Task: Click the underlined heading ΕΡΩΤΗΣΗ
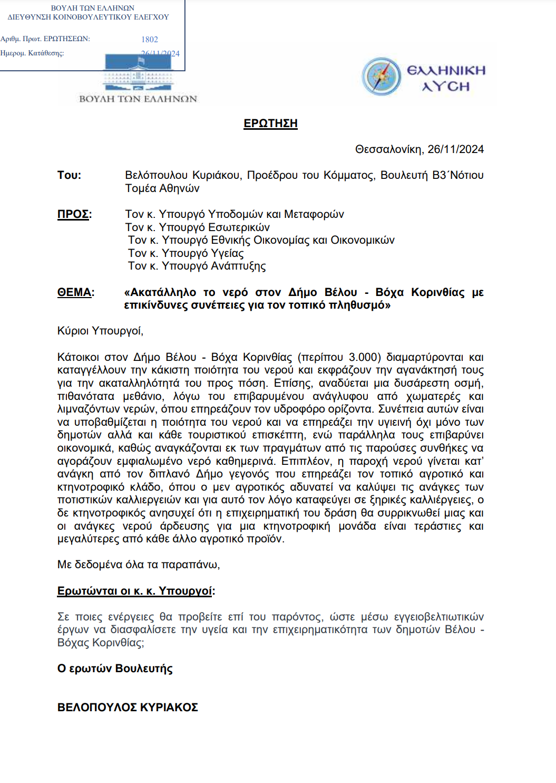click(270, 123)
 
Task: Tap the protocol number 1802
click(150, 40)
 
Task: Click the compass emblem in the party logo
click(382, 77)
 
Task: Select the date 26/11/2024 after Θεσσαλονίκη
click(455, 149)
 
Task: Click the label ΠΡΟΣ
click(73, 214)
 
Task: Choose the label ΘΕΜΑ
click(74, 292)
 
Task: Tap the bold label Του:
click(69, 175)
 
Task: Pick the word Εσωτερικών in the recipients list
click(239, 227)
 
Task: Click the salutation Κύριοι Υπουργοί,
click(100, 331)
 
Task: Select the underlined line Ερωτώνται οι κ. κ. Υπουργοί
click(135, 591)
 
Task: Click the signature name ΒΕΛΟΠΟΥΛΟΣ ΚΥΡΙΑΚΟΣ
click(128, 708)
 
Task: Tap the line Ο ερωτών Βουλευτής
click(115, 669)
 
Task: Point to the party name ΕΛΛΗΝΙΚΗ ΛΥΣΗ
click(446, 78)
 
